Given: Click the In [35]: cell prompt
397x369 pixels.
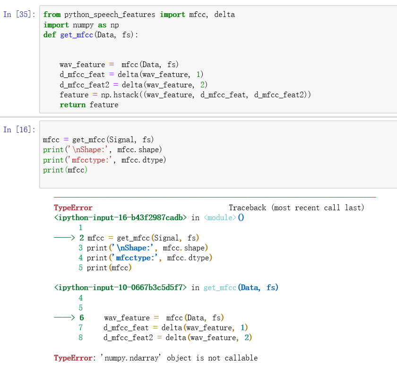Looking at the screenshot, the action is click(x=19, y=14).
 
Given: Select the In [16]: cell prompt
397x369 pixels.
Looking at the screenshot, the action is click(x=19, y=129).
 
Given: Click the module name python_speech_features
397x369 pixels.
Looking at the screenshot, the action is click(x=110, y=15).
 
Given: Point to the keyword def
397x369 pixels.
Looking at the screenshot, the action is click(x=50, y=34).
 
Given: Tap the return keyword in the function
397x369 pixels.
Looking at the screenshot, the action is click(x=73, y=105).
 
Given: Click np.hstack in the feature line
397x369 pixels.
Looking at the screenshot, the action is click(x=120, y=94).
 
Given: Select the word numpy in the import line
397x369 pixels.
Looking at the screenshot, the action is click(x=83, y=25).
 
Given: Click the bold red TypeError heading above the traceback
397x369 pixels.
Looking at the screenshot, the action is click(x=73, y=208).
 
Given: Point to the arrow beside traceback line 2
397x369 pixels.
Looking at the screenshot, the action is click(x=64, y=238).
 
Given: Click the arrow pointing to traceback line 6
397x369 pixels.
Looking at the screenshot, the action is click(x=64, y=318).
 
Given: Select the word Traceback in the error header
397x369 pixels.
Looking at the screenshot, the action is click(x=247, y=208).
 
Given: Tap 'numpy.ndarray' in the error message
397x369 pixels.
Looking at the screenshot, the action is click(x=130, y=358).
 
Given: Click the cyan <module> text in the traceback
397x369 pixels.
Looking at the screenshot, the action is click(x=220, y=218).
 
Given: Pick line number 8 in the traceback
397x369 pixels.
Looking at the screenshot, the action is click(x=80, y=338).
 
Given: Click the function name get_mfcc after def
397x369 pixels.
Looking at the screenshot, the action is click(x=77, y=35).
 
